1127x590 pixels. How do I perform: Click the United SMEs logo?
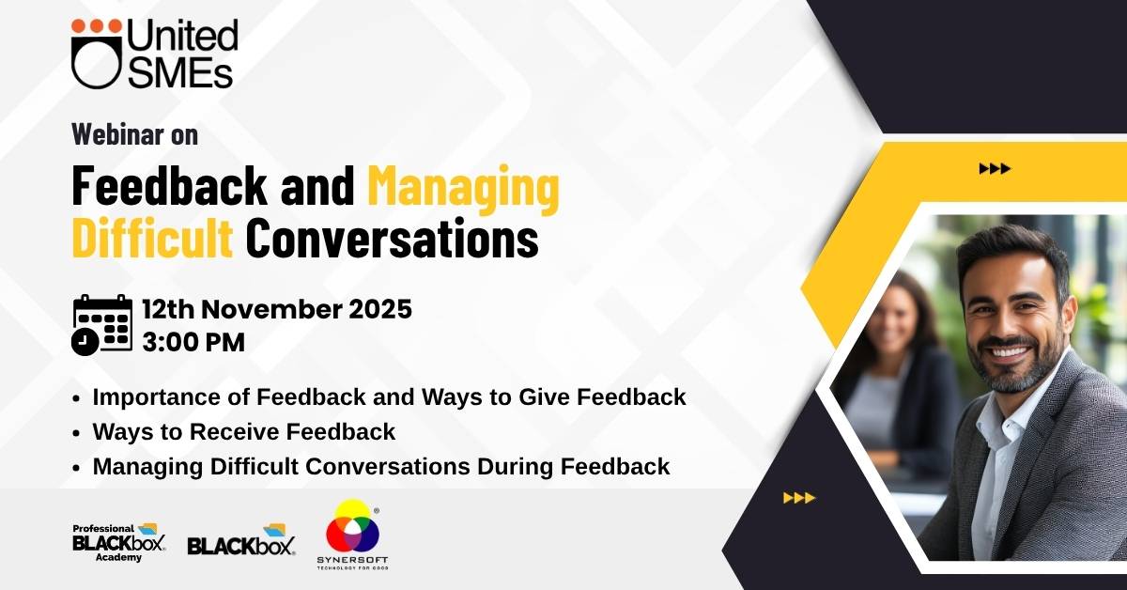coord(154,54)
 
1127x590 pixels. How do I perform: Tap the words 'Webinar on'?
coord(135,134)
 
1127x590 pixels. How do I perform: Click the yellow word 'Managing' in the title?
coord(463,187)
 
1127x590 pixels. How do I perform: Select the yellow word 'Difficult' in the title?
coord(152,237)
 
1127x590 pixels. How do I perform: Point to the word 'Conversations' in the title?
coord(393,238)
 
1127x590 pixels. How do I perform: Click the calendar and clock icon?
coord(102,325)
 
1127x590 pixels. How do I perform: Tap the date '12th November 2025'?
coord(277,308)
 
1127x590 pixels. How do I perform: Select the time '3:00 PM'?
coord(193,342)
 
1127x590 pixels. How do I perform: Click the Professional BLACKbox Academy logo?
coord(119,542)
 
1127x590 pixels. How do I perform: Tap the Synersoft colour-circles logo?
coord(352,535)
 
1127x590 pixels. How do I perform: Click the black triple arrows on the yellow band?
coord(995,169)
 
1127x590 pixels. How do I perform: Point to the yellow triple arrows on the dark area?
coord(799,498)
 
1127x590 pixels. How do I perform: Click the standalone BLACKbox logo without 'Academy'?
coord(241,539)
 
